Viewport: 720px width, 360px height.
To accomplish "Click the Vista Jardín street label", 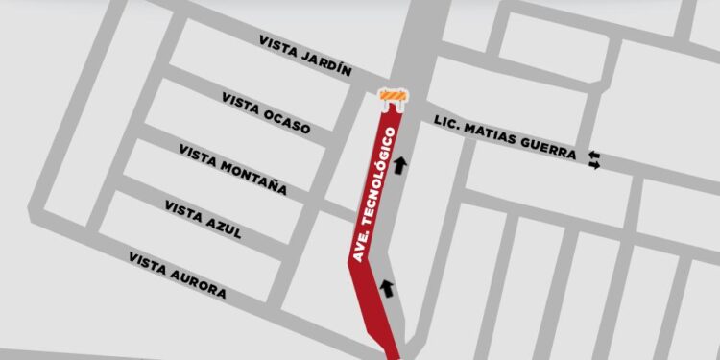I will (x=306, y=56).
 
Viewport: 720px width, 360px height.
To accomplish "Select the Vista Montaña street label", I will (x=232, y=169).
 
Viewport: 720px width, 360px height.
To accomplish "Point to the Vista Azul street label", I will (x=203, y=221).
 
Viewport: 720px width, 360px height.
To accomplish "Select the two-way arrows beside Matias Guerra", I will (x=595, y=160).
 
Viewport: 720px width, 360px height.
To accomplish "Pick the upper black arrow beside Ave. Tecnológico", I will (x=399, y=164).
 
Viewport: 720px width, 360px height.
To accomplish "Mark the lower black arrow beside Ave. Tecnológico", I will (x=388, y=286).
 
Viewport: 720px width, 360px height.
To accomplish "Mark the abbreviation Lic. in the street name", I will (x=447, y=126).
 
